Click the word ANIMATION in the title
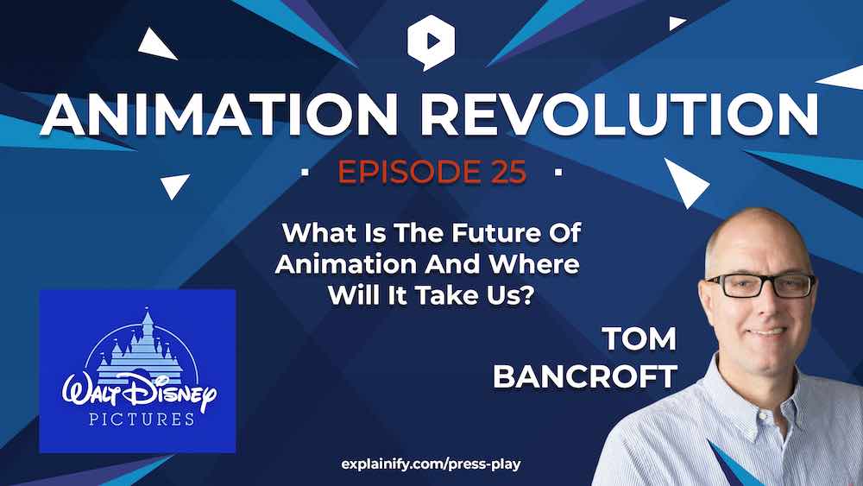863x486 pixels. pos(219,115)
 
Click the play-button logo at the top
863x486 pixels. pos(431,42)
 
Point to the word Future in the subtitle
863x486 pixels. pos(482,233)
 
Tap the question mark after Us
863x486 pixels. pos(527,296)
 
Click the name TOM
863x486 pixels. pos(639,338)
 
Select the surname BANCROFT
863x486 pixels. pos(585,377)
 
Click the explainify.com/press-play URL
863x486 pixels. pos(431,464)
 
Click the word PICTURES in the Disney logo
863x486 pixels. pos(142,419)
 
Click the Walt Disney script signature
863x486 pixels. pos(139,391)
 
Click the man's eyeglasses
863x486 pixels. pos(760,286)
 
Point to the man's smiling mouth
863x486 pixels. pos(766,331)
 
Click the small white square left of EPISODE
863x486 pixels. pos(305,173)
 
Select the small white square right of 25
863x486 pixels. pos(558,173)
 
